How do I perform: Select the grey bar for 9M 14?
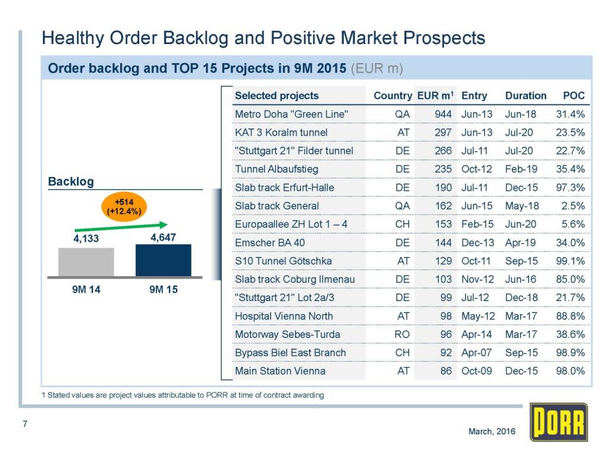[x=86, y=262]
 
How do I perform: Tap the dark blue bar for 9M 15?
[x=163, y=260]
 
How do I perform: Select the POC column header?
[x=573, y=95]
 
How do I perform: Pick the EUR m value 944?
[x=443, y=114]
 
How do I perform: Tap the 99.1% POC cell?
[x=570, y=261]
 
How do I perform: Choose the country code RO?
[x=403, y=334]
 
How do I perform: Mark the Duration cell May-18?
[x=521, y=206]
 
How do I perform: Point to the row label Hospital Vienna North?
[x=284, y=316]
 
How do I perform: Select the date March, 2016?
[x=492, y=431]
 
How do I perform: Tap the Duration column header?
[x=526, y=95]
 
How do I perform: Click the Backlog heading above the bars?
[x=71, y=181]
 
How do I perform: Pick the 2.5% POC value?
[x=573, y=206]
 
